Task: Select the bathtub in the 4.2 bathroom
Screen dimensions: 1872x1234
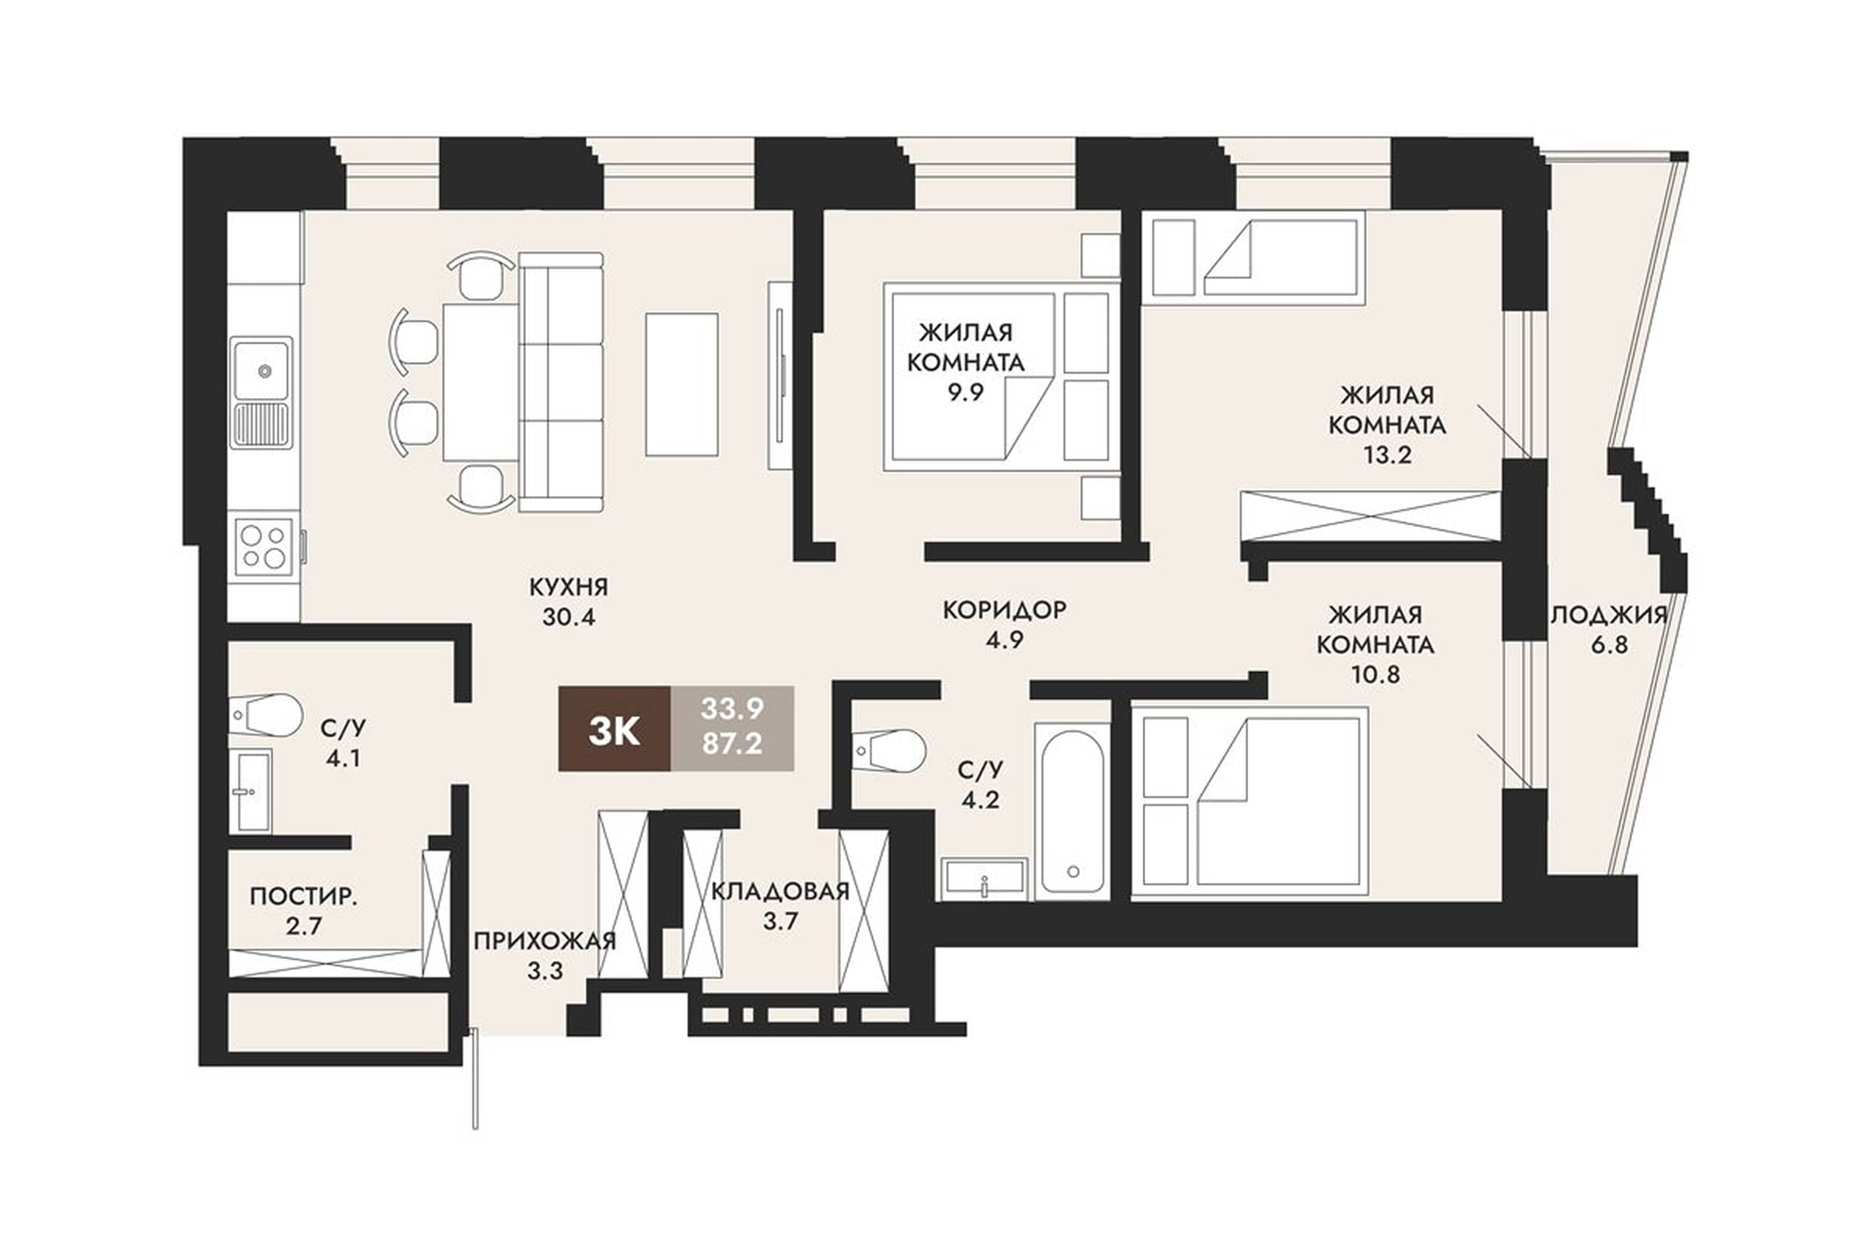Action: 1071,810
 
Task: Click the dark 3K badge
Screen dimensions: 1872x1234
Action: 614,728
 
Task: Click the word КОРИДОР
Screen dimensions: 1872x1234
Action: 1005,610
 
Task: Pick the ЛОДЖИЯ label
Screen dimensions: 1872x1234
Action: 1609,615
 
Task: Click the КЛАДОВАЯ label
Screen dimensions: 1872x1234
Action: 780,891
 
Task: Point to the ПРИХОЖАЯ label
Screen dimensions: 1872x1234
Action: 544,941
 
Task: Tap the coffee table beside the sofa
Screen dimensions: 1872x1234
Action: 682,384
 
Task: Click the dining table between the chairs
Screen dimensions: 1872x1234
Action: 480,382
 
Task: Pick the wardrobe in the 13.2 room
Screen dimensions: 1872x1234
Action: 1370,515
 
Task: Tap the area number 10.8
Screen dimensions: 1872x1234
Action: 1376,674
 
